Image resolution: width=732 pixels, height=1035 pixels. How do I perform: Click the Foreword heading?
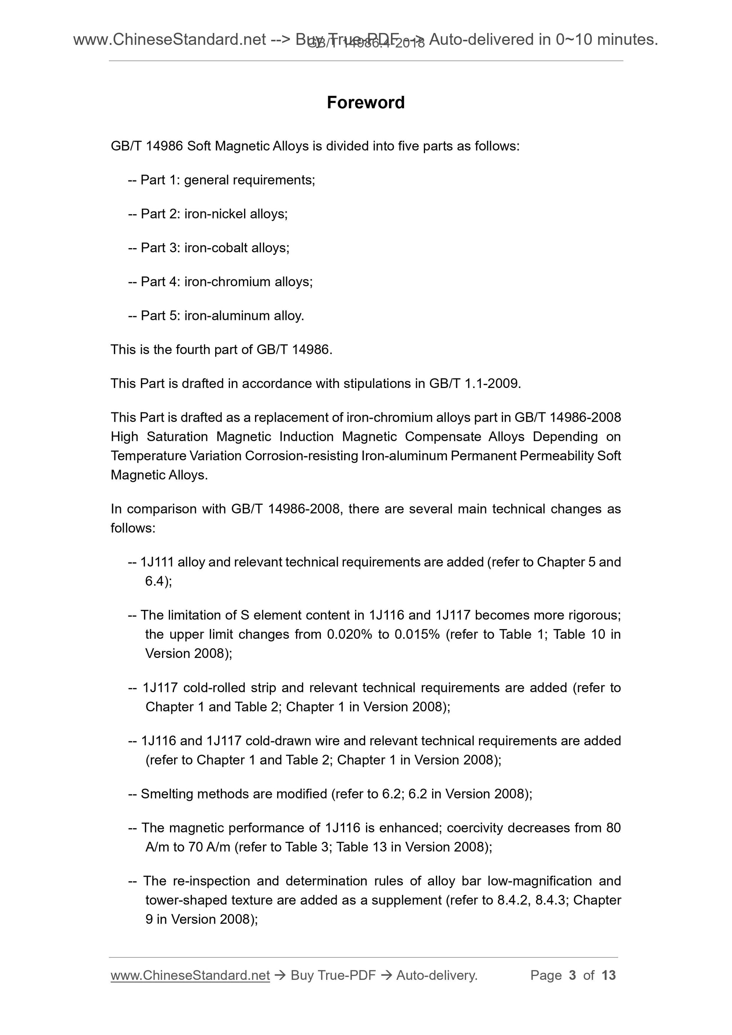pos(365,103)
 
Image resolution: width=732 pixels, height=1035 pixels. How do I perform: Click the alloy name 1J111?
pos(157,562)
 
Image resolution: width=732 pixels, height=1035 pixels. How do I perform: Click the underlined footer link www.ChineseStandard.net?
pos(190,976)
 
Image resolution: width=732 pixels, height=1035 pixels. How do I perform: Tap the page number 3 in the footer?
pos(573,976)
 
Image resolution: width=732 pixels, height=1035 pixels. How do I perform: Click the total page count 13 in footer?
pos(608,976)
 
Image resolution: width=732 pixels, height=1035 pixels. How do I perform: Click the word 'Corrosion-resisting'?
pos(301,456)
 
